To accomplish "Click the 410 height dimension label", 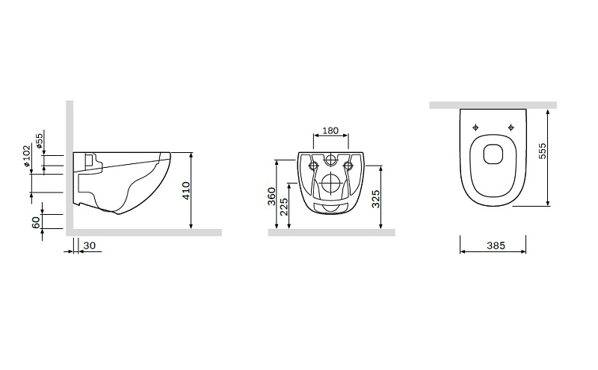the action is (x=185, y=190).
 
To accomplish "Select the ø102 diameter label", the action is (x=26, y=156).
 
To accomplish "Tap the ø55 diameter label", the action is (x=40, y=141).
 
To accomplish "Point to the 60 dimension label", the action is (x=36, y=222).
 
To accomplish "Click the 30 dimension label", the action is (x=89, y=246).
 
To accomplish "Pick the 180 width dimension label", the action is (x=330, y=131).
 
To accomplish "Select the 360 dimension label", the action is (x=271, y=196).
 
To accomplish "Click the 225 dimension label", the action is (x=284, y=207).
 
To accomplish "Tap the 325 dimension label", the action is (x=376, y=198).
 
